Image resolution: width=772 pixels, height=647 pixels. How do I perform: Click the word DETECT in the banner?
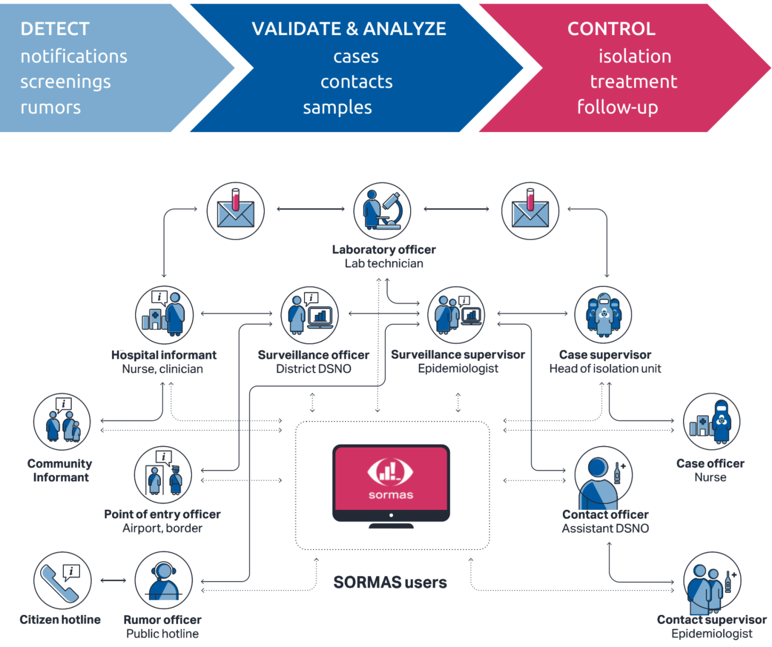point(55,29)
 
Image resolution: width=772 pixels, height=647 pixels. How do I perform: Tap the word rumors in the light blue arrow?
point(51,107)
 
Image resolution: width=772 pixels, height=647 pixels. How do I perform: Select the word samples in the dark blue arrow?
point(337,107)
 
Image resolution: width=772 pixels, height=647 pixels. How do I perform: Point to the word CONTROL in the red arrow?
point(611,29)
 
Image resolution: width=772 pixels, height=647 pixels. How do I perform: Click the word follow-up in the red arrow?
point(618,107)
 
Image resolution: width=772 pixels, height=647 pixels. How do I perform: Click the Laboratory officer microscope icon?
point(382,210)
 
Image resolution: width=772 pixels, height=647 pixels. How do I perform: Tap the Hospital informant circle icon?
point(164,315)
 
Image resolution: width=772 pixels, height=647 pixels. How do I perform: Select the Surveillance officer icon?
point(310,315)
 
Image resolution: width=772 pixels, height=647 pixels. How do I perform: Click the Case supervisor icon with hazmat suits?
point(603,315)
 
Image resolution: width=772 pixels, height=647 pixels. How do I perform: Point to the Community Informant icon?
point(62,421)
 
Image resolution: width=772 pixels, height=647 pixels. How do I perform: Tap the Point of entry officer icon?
point(163,475)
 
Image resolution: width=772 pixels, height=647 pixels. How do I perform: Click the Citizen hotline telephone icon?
point(62,581)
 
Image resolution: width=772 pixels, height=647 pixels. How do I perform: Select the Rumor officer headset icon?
point(163,581)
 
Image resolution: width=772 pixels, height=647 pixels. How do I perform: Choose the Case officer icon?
point(711,421)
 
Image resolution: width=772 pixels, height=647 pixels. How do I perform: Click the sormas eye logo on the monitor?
point(390,472)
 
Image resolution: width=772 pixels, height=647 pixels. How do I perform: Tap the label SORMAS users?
point(390,582)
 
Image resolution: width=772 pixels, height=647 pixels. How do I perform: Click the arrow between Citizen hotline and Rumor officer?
point(113,581)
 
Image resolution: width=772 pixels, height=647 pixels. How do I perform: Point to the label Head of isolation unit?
point(605,369)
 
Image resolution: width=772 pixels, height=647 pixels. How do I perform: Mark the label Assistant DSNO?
point(605,528)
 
